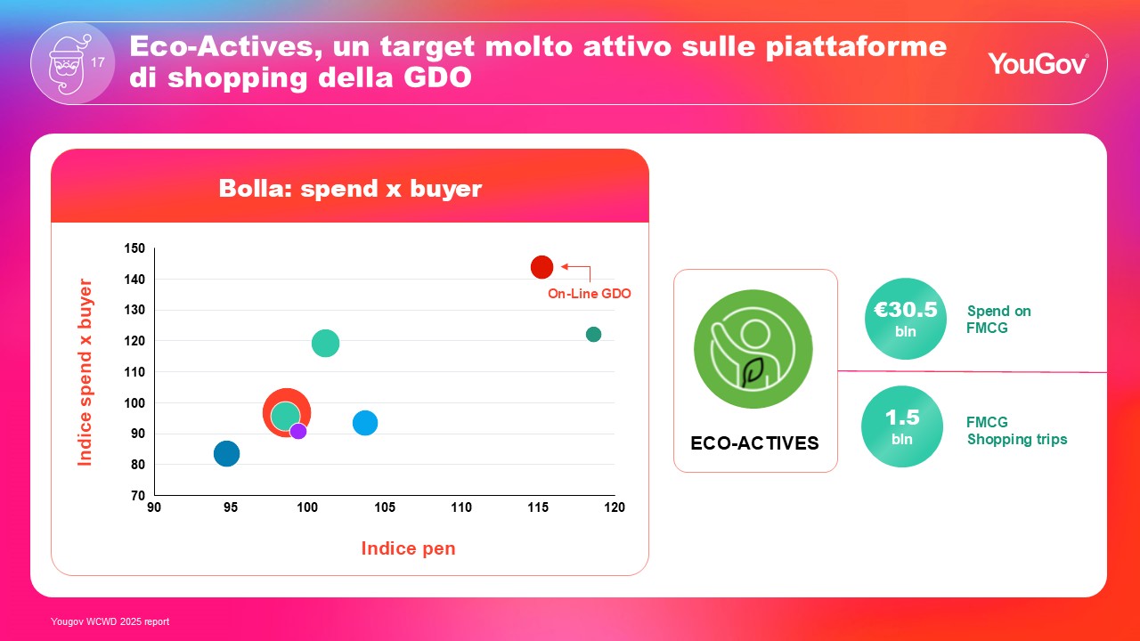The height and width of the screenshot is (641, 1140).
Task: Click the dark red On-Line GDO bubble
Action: tap(541, 267)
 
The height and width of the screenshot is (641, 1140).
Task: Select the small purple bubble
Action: tap(298, 432)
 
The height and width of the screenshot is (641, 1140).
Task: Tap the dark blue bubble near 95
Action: tap(226, 453)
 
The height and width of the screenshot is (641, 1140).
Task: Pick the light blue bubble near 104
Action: tap(365, 423)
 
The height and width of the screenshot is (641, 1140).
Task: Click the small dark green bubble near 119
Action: tap(593, 334)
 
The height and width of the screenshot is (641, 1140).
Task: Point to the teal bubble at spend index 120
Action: tap(325, 343)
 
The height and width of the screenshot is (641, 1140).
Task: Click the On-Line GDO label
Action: tap(589, 294)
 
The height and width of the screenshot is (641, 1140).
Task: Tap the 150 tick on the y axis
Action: tap(134, 248)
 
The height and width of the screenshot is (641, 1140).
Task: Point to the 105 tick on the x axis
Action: tap(384, 507)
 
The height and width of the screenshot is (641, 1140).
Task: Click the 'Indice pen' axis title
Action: tap(408, 548)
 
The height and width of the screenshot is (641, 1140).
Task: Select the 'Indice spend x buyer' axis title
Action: tap(85, 372)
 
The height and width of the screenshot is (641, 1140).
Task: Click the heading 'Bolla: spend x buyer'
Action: tap(350, 188)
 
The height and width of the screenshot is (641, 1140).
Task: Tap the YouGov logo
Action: tap(1038, 63)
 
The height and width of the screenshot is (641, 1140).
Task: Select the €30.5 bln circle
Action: tap(906, 319)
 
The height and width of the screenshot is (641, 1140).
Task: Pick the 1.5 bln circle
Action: tap(902, 426)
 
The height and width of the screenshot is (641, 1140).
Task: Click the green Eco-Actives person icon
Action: tap(753, 349)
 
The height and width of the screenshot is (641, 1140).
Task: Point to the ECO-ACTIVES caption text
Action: tap(754, 443)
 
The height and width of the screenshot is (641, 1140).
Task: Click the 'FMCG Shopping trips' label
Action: tap(1017, 431)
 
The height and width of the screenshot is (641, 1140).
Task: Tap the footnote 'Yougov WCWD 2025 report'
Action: tap(110, 621)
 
